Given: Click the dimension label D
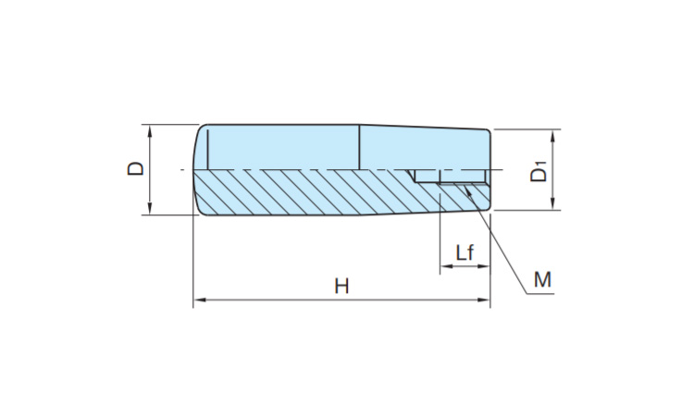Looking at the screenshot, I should pos(136,169).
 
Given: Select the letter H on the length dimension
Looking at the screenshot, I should pos(341,287).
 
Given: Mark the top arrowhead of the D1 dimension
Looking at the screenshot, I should pos(552,135).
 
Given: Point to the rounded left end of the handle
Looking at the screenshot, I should pos(197,170).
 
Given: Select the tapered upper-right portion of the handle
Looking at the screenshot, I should pos(426,148).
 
